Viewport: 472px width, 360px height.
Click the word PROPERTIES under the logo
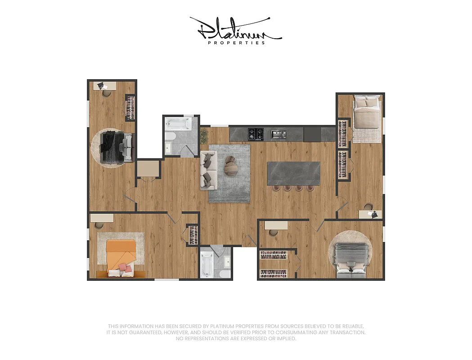[236, 43]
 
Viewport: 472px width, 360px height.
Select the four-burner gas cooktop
[256, 134]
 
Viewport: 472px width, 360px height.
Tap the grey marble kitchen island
[293, 173]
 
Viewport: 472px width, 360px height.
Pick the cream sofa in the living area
[208, 170]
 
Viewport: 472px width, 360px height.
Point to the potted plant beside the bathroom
[204, 135]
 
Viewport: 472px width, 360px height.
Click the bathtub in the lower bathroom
[207, 265]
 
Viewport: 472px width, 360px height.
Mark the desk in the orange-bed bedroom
[101, 218]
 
